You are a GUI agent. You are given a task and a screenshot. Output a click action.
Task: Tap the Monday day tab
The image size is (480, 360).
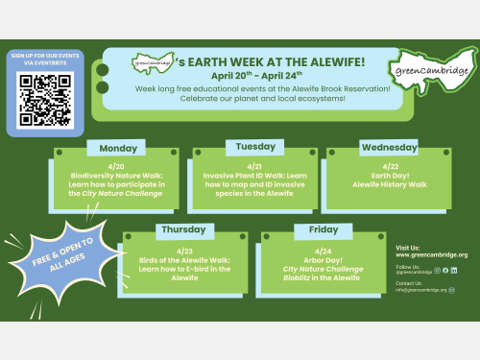117,149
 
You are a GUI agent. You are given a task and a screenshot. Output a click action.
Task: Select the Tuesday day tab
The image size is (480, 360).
254,147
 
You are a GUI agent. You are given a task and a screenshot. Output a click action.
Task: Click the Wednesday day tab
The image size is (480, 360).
389,148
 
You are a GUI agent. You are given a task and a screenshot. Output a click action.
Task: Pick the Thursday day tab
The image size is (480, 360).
181,231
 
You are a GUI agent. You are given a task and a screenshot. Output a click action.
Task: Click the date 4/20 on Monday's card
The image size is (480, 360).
115,166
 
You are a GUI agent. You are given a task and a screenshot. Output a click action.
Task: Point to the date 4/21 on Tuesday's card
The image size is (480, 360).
254,166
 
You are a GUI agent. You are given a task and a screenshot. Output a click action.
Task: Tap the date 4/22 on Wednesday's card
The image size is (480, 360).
390,166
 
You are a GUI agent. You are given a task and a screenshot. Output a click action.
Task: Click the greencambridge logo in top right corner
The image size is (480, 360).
430,70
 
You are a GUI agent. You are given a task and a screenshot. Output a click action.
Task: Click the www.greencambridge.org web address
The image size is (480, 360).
431,255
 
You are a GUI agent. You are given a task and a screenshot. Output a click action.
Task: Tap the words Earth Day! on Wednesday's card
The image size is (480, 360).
390,176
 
